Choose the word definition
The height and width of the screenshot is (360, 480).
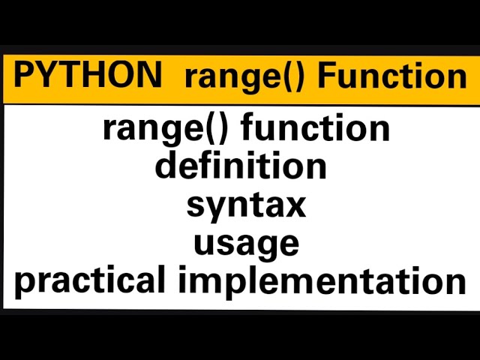click(241, 165)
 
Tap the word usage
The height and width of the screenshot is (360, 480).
click(246, 244)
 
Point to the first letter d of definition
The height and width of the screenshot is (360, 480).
click(166, 165)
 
